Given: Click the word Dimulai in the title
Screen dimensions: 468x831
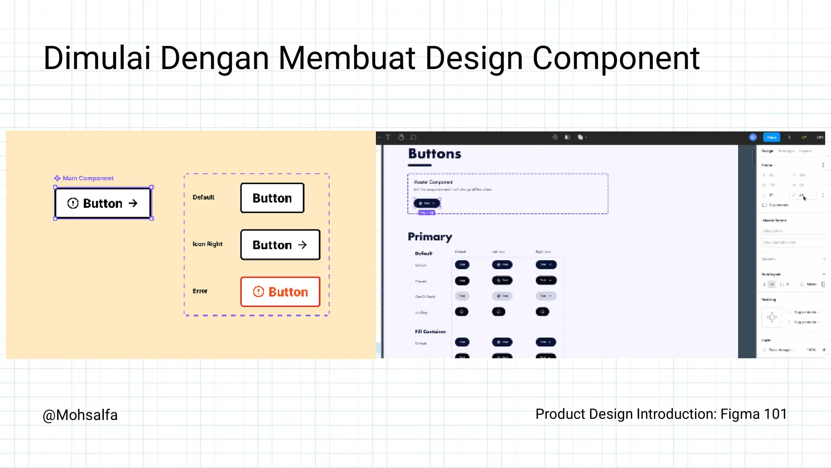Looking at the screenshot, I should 97,58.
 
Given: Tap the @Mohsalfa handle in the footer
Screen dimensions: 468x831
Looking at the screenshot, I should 80,415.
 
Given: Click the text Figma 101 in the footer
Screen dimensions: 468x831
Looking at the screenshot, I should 753,414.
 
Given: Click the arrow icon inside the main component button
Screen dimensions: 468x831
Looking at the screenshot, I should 133,203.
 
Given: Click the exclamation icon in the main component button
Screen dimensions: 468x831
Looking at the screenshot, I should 73,203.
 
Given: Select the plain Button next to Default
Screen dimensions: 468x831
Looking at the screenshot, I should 272,198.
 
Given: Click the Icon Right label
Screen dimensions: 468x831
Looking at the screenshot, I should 207,244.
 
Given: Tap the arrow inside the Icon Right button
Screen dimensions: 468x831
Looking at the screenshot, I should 302,245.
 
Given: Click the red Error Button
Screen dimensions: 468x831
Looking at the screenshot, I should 280,292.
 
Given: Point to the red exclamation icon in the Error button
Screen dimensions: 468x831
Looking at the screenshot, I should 258,292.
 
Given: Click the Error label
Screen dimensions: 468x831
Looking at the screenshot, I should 200,291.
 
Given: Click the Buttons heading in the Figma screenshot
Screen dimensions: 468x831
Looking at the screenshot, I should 435,154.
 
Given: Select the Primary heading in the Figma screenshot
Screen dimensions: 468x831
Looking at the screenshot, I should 430,237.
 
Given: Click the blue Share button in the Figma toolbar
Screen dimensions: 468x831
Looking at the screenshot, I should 771,138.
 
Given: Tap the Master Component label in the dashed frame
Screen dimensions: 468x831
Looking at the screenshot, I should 433,182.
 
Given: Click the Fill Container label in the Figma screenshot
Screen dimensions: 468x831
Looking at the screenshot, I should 430,332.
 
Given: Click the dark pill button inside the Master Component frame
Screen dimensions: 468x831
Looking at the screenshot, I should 426,203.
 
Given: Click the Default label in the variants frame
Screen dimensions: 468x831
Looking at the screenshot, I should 203,197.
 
